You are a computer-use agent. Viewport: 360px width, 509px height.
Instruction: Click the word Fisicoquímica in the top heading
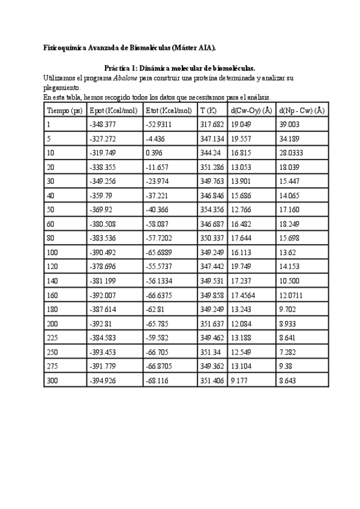tap(65, 47)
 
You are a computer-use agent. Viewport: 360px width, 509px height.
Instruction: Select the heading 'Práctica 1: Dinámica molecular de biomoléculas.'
tap(180, 69)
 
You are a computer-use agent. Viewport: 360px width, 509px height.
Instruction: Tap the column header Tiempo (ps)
tap(64, 110)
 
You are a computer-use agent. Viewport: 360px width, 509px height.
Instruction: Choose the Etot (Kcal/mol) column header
tap(169, 110)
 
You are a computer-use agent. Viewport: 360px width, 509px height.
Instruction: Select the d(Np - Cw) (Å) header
tap(302, 110)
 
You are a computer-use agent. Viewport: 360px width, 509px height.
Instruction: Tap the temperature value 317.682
tap(212, 124)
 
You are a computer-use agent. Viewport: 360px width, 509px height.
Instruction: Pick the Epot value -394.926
tap(102, 381)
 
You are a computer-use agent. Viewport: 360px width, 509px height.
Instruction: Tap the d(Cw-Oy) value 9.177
tap(239, 381)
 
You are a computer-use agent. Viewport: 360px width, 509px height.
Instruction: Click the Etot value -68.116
tap(158, 381)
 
